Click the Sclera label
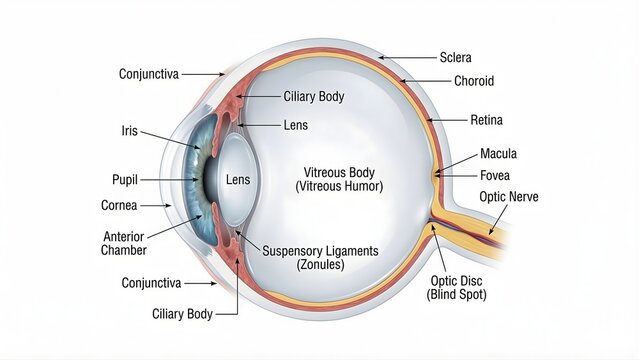click(455, 57)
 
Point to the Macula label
click(498, 154)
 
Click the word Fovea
click(496, 175)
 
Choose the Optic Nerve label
click(508, 197)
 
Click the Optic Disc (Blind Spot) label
click(455, 287)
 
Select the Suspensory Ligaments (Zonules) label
click(320, 257)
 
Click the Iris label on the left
click(129, 130)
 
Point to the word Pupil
click(124, 180)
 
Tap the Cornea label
click(120, 205)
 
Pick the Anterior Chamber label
click(125, 243)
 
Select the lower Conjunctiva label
click(151, 283)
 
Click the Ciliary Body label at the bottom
click(182, 314)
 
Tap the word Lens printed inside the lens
click(238, 180)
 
